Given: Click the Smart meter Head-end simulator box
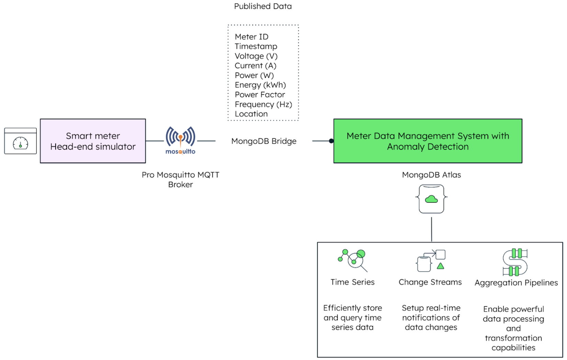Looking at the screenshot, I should pos(93,141).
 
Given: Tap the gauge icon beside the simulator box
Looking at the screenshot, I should pos(20,141).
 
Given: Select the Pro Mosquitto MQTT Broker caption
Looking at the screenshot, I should pos(180,179).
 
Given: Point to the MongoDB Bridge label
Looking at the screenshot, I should pos(264,141).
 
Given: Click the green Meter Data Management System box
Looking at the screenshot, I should pos(427,141).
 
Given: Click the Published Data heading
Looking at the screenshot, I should pos(263,6).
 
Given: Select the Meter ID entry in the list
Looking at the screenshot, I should pos(252,37).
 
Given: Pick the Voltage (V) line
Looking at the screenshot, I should pos(256,56).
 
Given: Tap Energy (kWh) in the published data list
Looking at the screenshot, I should pos(260,85).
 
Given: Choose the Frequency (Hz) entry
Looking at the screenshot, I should pos(263,104).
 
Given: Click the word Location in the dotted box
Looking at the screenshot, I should pos(251,114).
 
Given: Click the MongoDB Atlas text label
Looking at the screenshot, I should pos(431,175).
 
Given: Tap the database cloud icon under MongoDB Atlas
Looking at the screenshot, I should pos(431,199).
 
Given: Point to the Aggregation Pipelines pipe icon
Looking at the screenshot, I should pos(515,262).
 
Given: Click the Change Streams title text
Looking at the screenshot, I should pos(430,282).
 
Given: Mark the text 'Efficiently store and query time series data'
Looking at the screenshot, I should pos(353,317).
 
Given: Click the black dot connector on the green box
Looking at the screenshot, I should pos(331,141).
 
